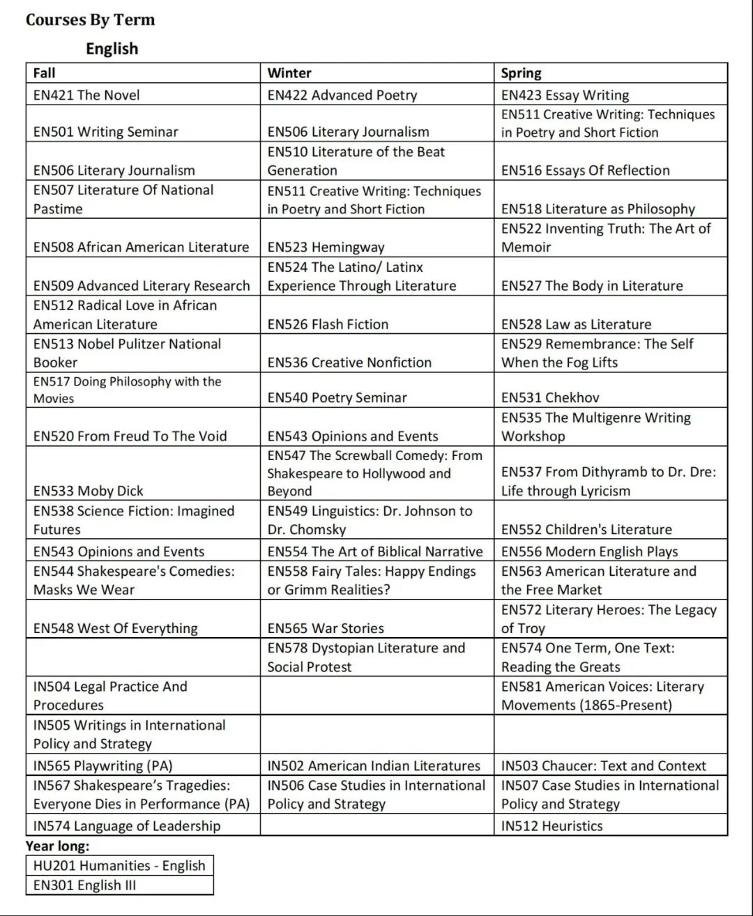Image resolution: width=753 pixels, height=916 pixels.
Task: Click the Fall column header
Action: pyautogui.click(x=45, y=73)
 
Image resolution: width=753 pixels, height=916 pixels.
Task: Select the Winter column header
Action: pyautogui.click(x=289, y=73)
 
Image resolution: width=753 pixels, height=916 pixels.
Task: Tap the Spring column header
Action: pyautogui.click(x=521, y=73)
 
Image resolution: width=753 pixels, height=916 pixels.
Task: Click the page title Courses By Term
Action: pyautogui.click(x=90, y=20)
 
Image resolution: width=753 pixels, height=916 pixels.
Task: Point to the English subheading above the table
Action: pyautogui.click(x=112, y=49)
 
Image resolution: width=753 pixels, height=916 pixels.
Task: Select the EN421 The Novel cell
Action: pyautogui.click(x=86, y=95)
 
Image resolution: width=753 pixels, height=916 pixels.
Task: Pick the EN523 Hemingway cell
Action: pyautogui.click(x=326, y=247)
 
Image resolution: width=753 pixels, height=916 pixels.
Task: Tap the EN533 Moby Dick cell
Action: pyautogui.click(x=89, y=491)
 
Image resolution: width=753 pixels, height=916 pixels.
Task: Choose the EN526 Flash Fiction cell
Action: pyautogui.click(x=328, y=324)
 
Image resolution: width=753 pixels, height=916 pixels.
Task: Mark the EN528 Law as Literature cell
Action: pyautogui.click(x=576, y=324)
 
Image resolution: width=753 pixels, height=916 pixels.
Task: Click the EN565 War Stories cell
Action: pyautogui.click(x=326, y=628)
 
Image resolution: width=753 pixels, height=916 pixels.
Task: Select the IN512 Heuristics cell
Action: pyautogui.click(x=552, y=826)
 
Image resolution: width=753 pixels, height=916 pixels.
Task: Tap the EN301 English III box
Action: pyautogui.click(x=85, y=885)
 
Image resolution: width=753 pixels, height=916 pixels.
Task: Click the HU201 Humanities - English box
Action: pyautogui.click(x=119, y=866)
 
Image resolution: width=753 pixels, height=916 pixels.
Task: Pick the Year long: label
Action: pyautogui.click(x=58, y=846)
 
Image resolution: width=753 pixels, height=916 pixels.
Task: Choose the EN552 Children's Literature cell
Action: pyautogui.click(x=586, y=529)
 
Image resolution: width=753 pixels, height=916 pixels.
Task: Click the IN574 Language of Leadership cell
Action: pyautogui.click(x=127, y=826)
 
